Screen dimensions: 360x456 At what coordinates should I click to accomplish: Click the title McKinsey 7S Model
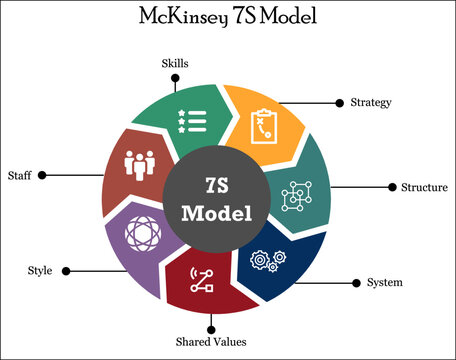[228, 19]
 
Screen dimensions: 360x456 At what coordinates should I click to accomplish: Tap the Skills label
[175, 63]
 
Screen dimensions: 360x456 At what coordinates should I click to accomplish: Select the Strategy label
[371, 102]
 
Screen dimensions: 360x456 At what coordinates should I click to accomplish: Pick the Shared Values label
[211, 343]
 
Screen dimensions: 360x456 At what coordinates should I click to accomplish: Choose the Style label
[40, 271]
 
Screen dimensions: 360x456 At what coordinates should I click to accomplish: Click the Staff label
[19, 175]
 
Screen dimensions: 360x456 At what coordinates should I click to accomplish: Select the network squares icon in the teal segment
[298, 196]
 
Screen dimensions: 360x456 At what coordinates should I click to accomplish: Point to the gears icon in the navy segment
[271, 262]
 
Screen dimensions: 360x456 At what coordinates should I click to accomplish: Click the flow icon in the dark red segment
[202, 281]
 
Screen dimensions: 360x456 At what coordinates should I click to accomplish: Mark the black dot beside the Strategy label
[340, 102]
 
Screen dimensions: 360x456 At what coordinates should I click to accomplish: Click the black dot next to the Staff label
[41, 175]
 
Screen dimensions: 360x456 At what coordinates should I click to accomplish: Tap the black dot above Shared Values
[211, 326]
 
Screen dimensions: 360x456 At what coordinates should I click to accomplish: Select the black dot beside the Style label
[64, 271]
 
